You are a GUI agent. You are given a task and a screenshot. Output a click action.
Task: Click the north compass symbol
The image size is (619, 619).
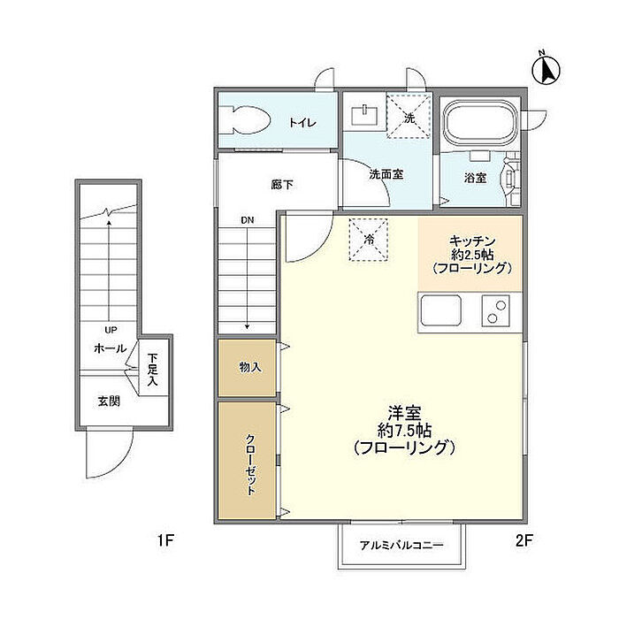546,69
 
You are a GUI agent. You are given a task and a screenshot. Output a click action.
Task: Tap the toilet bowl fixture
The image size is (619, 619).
245,119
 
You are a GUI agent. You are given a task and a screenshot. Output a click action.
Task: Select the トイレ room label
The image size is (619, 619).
302,122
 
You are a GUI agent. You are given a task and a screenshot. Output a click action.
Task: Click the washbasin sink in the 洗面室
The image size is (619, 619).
364,115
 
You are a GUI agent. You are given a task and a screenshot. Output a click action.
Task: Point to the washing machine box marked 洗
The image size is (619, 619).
409,115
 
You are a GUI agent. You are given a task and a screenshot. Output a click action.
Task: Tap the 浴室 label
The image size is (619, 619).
475,178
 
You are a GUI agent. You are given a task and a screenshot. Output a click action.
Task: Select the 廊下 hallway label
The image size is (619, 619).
282,184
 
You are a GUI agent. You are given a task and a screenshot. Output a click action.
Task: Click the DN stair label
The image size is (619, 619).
247,220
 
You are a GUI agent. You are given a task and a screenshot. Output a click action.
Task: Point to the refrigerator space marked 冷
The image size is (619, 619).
369,240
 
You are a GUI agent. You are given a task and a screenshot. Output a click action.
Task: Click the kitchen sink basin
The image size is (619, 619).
441,310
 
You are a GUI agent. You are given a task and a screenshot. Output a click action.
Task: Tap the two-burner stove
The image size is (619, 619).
496,310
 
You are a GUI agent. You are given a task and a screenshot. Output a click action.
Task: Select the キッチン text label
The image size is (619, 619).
472,241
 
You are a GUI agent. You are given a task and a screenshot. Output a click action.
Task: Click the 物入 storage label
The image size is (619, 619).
250,368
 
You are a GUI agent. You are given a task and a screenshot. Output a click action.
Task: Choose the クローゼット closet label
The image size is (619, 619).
250,465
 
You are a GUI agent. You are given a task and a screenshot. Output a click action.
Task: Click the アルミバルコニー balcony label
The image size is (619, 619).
401,546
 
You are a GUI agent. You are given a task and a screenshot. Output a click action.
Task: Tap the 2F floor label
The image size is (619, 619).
524,540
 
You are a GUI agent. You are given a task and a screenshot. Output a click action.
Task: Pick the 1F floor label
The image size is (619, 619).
166,540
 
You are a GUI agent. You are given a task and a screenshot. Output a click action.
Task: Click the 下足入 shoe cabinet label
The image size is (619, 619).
152,370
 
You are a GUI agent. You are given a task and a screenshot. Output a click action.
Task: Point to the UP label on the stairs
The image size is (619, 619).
111,330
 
